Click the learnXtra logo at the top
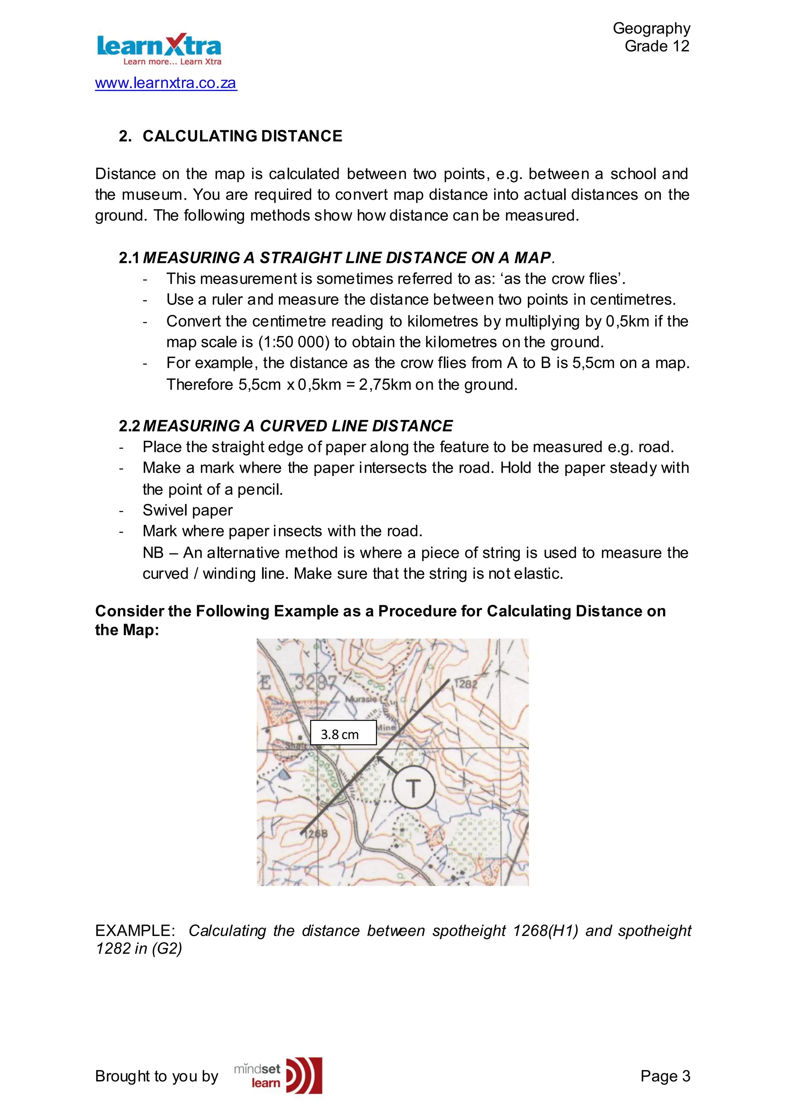(159, 49)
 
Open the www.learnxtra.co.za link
(166, 83)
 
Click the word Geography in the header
(651, 28)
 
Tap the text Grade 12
(657, 46)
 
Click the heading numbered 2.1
(335, 258)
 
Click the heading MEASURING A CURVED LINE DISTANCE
(297, 426)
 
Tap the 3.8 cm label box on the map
(343, 733)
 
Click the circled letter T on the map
(413, 787)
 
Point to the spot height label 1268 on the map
(317, 834)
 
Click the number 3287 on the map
(315, 683)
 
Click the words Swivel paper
(187, 511)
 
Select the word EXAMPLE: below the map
(135, 931)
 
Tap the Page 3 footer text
(665, 1076)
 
